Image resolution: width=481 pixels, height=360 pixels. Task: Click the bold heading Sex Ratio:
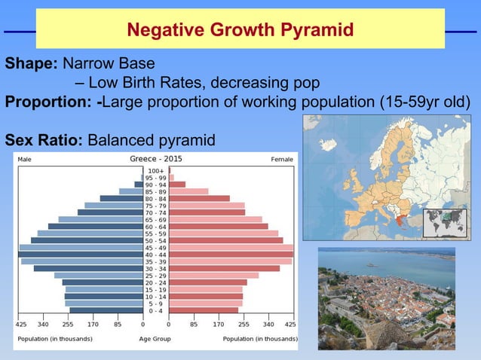(x=44, y=140)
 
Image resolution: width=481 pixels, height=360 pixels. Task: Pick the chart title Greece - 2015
(x=156, y=160)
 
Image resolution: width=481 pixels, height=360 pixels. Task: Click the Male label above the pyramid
(x=25, y=160)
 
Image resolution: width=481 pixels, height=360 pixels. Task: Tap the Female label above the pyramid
(x=282, y=160)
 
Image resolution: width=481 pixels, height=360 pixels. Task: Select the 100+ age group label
(x=156, y=171)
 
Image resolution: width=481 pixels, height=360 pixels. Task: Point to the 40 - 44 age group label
(x=156, y=255)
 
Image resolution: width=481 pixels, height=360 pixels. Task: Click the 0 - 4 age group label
(x=156, y=310)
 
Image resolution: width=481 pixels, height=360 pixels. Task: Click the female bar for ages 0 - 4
(x=203, y=310)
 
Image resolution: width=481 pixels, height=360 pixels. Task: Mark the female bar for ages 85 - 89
(x=188, y=191)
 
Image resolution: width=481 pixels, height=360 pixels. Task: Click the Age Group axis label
(x=155, y=339)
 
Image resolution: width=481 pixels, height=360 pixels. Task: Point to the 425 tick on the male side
(x=21, y=325)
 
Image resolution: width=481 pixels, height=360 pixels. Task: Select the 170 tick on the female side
(x=219, y=325)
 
